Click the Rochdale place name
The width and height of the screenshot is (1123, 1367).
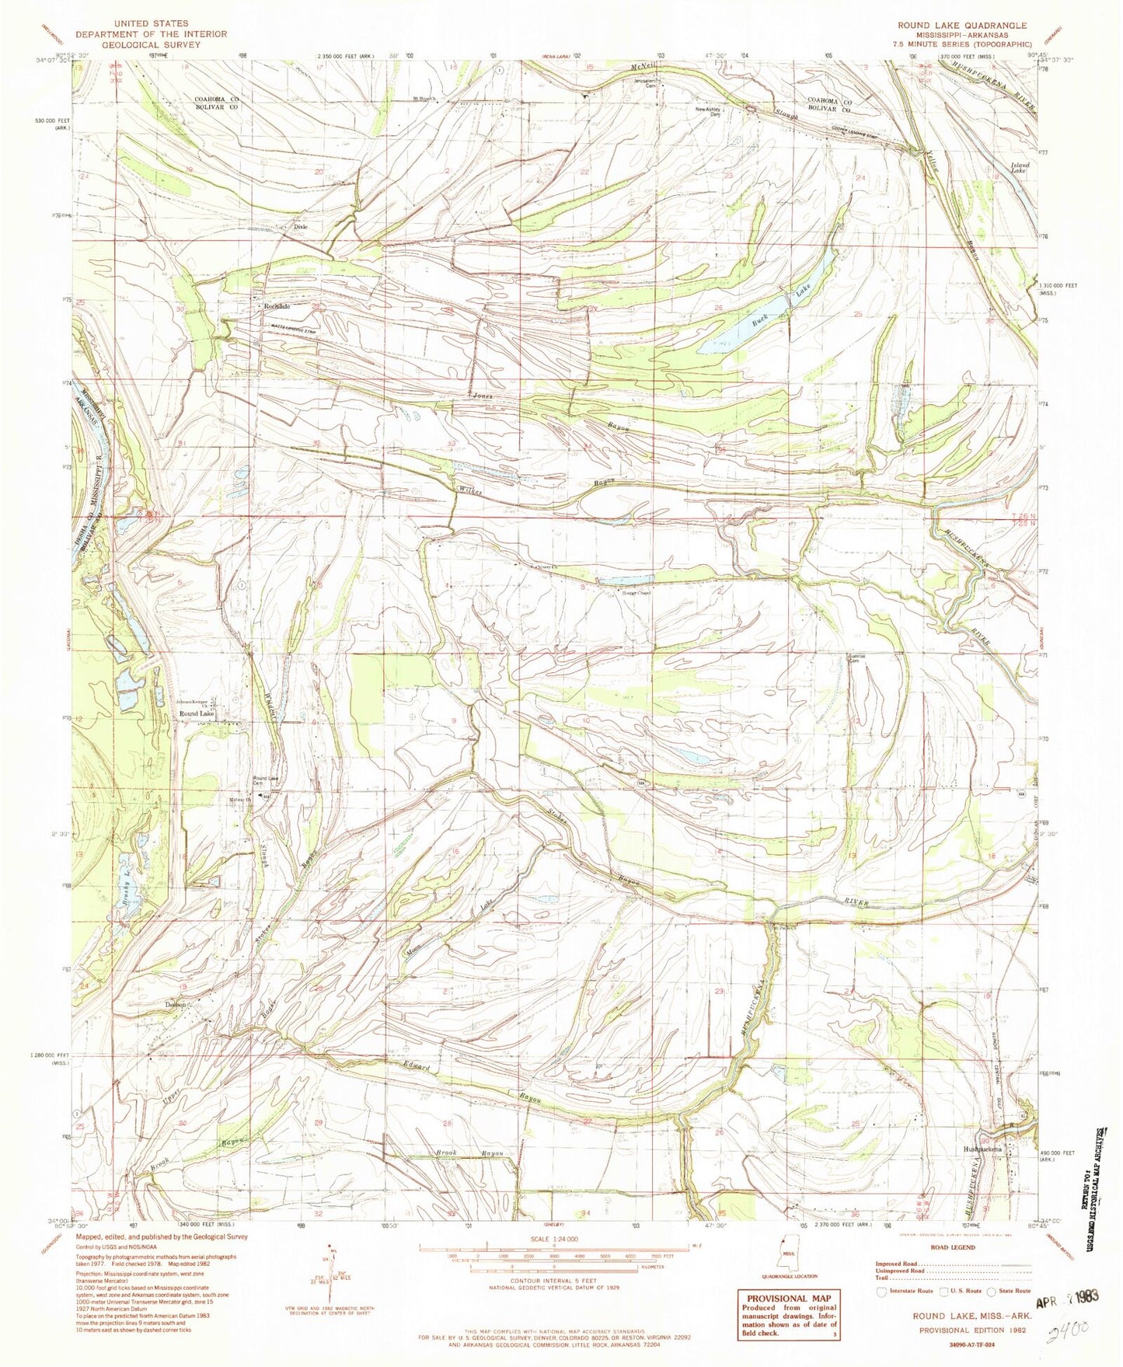(276, 306)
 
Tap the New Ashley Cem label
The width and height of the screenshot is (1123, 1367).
(710, 111)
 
